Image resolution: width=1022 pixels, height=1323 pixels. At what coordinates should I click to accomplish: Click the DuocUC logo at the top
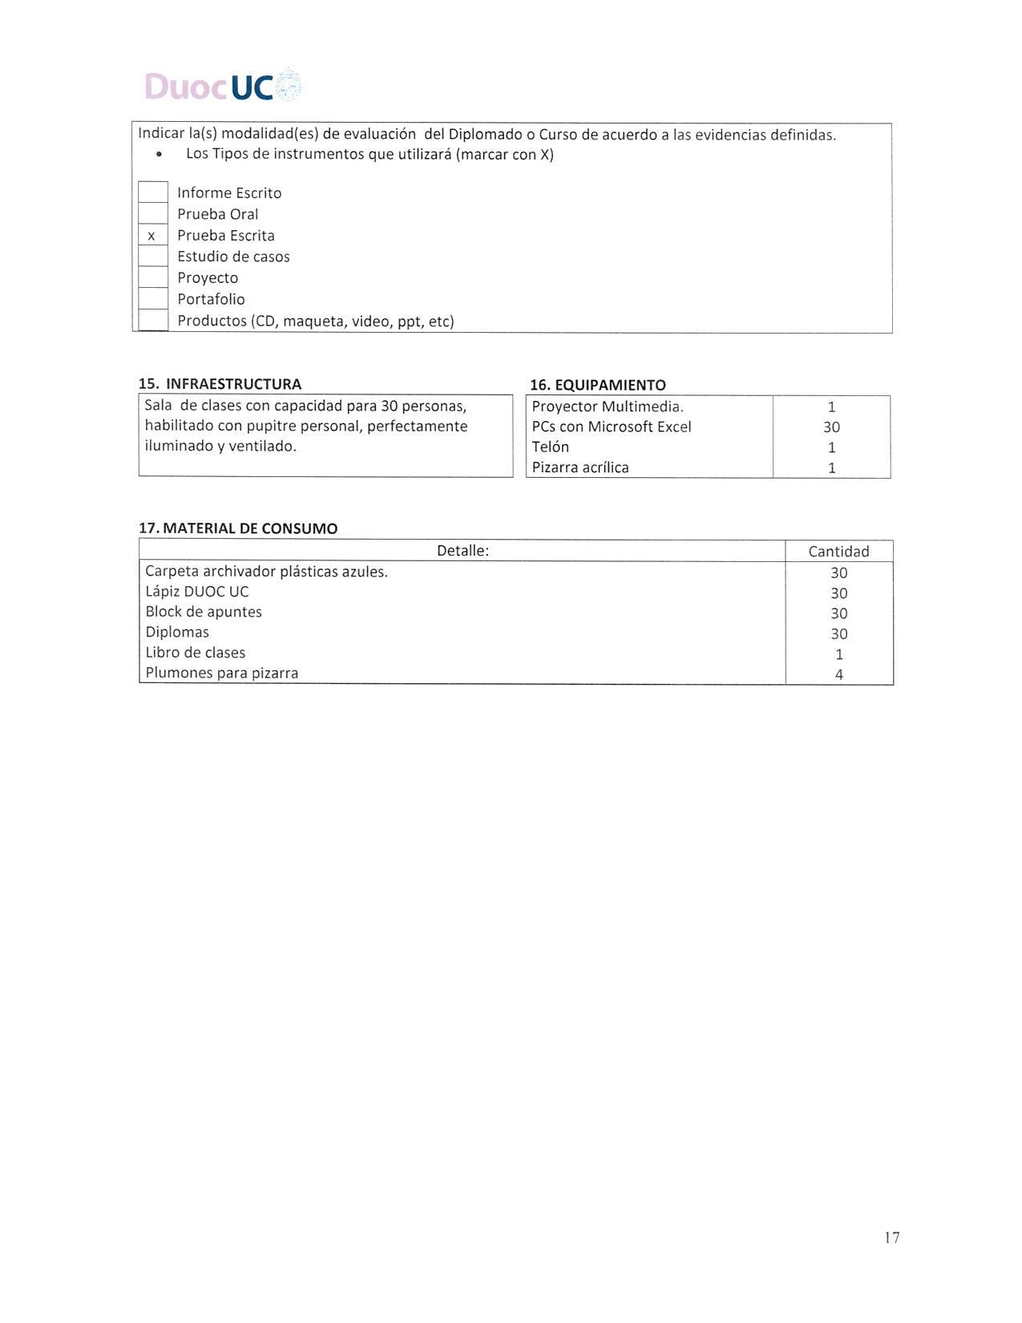(x=223, y=86)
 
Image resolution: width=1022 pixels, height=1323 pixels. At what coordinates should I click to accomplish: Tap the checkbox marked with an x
(x=152, y=236)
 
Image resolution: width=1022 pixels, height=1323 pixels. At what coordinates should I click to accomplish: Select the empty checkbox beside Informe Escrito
(x=152, y=192)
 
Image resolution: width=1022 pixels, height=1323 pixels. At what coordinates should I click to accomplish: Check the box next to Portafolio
(x=152, y=299)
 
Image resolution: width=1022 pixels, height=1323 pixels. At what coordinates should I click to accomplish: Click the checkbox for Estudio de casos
(x=152, y=257)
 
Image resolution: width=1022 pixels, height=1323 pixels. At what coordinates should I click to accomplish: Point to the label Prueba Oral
(x=217, y=214)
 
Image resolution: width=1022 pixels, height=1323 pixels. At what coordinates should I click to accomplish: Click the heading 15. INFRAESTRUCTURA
(x=220, y=384)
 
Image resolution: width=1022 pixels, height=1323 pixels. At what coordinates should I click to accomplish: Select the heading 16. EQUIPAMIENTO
(x=597, y=385)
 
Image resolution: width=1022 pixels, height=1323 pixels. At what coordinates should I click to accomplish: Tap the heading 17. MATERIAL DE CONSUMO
(x=238, y=528)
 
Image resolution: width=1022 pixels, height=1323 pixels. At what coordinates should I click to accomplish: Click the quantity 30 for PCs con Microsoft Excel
(x=831, y=427)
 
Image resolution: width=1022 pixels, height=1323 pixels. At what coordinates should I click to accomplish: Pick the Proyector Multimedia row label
(x=608, y=407)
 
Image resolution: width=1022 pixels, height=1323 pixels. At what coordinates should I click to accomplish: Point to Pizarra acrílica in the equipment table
(x=580, y=467)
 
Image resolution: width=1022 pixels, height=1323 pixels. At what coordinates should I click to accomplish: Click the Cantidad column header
(x=838, y=552)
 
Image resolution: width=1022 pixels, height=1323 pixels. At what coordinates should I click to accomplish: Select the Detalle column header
(x=463, y=551)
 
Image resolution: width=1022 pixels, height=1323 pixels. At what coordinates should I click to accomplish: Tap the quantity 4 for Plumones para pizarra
(x=839, y=674)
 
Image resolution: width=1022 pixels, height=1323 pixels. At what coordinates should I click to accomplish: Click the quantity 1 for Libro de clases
(x=839, y=653)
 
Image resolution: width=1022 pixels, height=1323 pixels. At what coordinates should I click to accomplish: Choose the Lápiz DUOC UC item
(x=197, y=592)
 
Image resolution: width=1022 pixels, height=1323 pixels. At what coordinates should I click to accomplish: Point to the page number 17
(x=892, y=1237)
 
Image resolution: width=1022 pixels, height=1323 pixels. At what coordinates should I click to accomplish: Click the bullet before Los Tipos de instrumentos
(x=160, y=154)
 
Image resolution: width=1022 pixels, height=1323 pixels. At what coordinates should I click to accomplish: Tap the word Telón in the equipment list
(x=550, y=447)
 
